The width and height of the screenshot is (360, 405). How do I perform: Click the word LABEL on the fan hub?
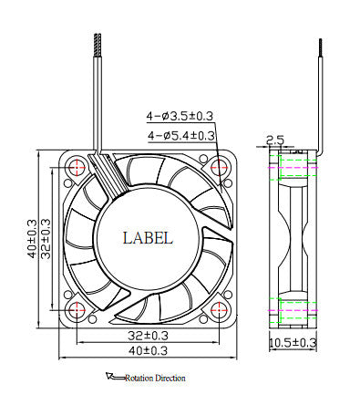coord(147,238)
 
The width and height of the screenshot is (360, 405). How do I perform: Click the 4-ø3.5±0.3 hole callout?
coord(180,116)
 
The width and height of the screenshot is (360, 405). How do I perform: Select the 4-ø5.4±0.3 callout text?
coord(180,135)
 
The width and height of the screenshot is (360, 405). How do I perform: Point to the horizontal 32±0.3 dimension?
coord(147,335)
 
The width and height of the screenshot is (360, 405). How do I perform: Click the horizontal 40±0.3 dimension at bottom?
coord(147,350)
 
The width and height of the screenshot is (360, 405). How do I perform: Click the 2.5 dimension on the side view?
coord(274,140)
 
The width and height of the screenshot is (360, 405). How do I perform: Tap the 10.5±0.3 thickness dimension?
coord(293,342)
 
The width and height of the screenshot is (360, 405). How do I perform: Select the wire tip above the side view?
coord(320,42)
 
